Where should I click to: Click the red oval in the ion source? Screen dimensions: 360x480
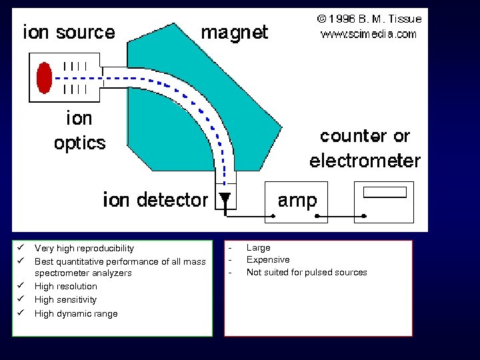(x=45, y=78)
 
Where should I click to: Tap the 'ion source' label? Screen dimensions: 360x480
(x=69, y=33)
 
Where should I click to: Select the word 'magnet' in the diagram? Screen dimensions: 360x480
(x=234, y=33)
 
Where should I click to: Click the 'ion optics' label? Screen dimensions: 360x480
(x=79, y=131)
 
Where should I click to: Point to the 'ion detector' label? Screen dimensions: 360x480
(x=155, y=199)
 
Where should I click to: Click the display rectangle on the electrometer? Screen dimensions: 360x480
(x=384, y=193)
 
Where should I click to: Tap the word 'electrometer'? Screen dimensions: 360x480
(x=365, y=161)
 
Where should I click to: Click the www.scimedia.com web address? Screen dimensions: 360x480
(x=369, y=34)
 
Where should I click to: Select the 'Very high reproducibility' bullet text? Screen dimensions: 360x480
(x=84, y=248)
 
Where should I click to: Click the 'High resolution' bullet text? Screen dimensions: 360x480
(x=65, y=286)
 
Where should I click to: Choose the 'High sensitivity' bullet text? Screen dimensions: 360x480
(x=65, y=299)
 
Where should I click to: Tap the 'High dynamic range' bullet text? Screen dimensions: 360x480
(x=76, y=313)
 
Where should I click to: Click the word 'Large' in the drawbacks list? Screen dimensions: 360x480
(x=259, y=247)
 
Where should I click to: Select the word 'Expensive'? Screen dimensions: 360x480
(x=268, y=259)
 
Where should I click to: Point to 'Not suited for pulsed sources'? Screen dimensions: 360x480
(x=307, y=272)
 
